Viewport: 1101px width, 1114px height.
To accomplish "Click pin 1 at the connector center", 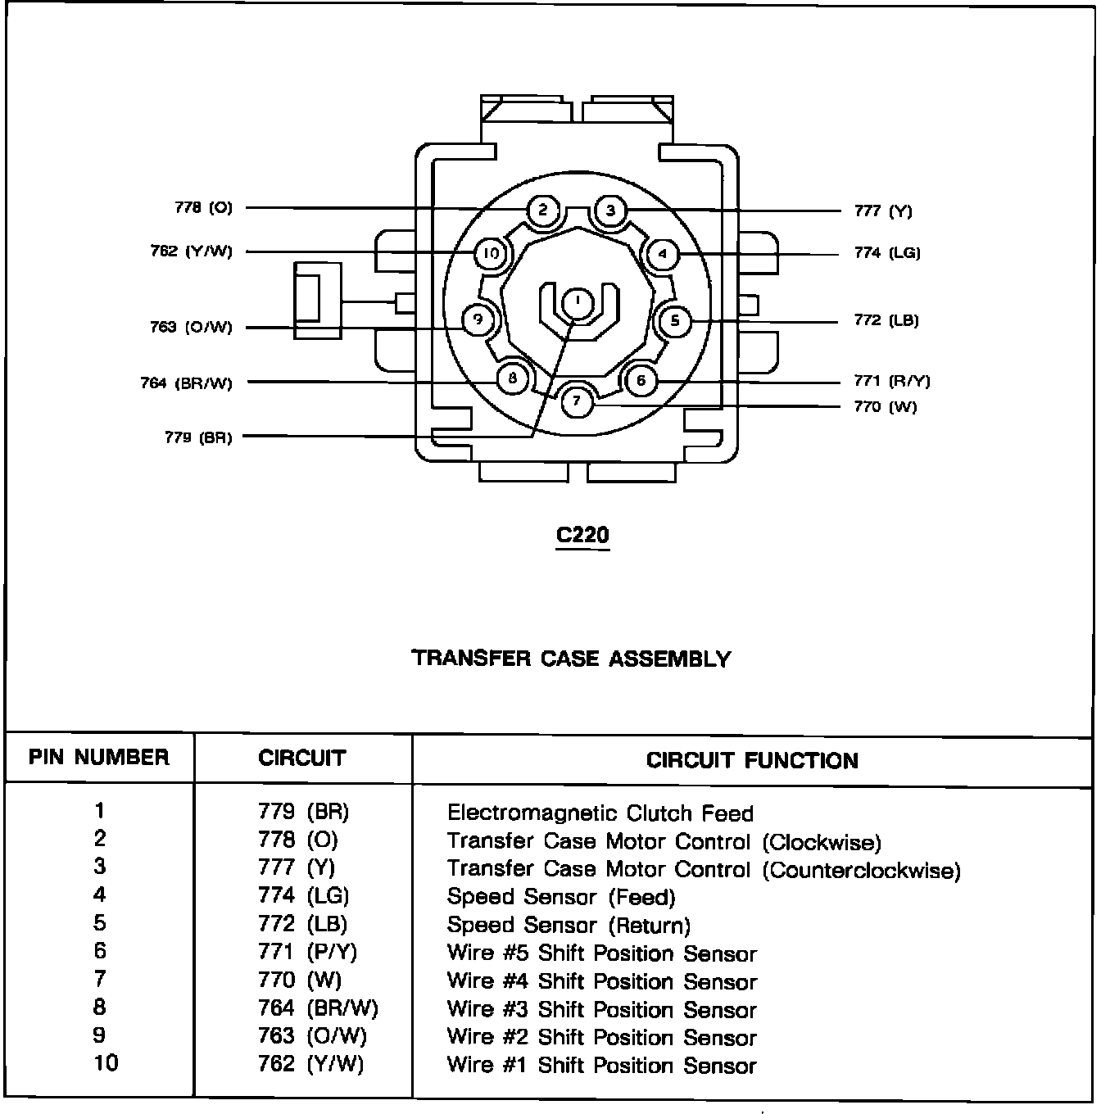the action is coord(578,302).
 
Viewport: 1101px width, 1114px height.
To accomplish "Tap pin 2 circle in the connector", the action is coord(543,211).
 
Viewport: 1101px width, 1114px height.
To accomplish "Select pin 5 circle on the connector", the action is coord(674,319).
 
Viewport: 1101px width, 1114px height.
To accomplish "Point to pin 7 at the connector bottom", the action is coord(578,401).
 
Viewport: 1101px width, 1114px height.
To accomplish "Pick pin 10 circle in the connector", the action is coord(491,253).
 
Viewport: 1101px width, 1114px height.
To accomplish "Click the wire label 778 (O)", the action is coord(203,208).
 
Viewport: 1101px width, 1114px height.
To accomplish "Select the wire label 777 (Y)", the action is coord(883,211).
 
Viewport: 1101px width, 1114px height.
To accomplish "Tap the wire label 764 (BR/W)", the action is coord(187,383).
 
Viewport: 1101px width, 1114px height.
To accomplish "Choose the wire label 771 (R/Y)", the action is coord(892,381).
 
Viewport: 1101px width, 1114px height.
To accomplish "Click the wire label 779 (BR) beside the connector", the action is coord(198,437).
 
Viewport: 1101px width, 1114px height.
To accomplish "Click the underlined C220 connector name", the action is coord(582,536).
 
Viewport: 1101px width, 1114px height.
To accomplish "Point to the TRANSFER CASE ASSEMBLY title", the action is coord(571,659).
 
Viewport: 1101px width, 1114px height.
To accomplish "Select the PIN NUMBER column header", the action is coord(99,757).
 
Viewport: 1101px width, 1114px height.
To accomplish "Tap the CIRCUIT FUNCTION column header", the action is coord(752,760).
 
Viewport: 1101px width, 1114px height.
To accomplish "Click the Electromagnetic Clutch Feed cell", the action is coord(600,813).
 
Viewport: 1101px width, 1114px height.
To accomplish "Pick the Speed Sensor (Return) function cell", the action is coord(569,926).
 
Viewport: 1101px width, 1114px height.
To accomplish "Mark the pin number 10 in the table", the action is coord(106,1063).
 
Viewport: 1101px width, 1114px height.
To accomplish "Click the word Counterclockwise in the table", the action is coord(862,870).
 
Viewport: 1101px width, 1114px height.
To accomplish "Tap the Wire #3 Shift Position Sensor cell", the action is coord(601,1010).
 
